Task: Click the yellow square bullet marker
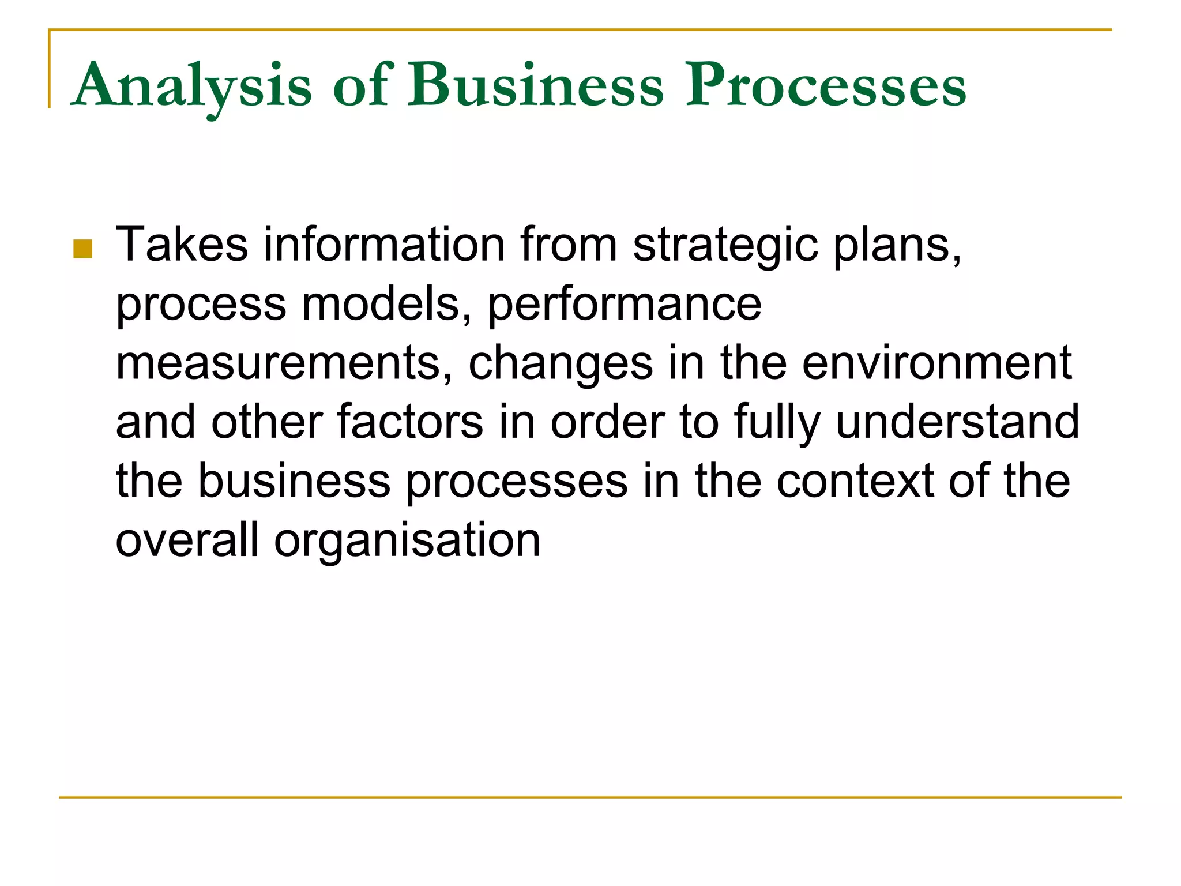(x=83, y=249)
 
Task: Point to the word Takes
(x=182, y=245)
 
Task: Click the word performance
(x=625, y=305)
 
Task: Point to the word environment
(x=937, y=363)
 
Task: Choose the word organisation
(x=407, y=541)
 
